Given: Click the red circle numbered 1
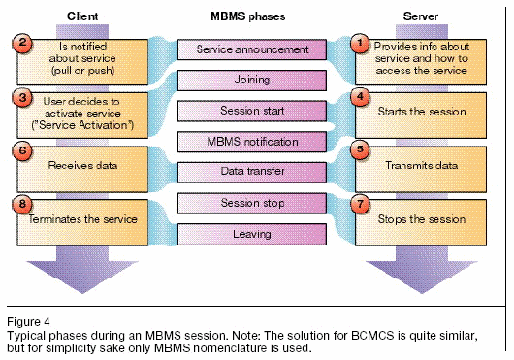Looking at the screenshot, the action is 360,43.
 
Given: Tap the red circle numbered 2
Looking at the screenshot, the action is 22,43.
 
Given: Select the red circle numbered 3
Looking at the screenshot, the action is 22,98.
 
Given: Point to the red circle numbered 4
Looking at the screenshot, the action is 360,97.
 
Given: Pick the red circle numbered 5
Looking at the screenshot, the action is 360,150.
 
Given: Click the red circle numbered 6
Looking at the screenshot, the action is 22,151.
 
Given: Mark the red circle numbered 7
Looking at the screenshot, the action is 360,205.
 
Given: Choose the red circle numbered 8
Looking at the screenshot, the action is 22,205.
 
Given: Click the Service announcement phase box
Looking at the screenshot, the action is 252,49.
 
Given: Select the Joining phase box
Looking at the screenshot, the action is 252,80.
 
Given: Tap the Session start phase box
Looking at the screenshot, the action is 252,111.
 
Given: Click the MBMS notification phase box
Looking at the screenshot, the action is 252,142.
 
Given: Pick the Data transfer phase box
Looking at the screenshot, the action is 252,172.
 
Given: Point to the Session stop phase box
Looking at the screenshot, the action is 252,203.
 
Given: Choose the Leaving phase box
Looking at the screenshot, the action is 252,234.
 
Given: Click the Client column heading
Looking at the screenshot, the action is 82,16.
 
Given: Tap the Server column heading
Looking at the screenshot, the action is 421,16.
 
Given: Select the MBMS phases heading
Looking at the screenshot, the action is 248,16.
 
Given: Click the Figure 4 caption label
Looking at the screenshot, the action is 28,321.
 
